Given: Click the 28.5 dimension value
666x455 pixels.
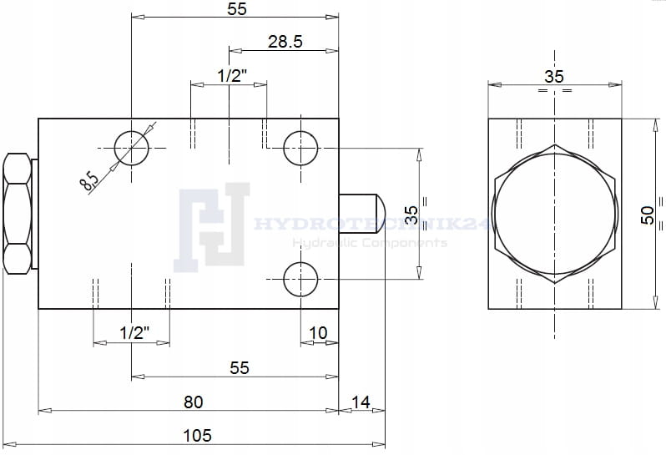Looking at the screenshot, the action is tap(285, 42).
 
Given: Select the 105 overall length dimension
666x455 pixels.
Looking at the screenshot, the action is tap(197, 436).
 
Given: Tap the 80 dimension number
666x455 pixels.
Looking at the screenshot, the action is tap(194, 402).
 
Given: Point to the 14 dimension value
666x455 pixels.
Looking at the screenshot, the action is tap(361, 402).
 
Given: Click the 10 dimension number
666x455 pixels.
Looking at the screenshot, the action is tap(318, 333).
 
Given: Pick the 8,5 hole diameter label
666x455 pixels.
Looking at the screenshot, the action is tap(88, 180).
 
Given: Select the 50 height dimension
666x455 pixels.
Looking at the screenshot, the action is tap(648, 215).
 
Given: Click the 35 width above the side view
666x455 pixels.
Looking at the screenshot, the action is tap(554, 77).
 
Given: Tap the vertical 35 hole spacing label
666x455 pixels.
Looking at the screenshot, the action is tap(411, 215).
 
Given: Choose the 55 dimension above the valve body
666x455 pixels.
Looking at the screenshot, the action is tap(236, 9).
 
